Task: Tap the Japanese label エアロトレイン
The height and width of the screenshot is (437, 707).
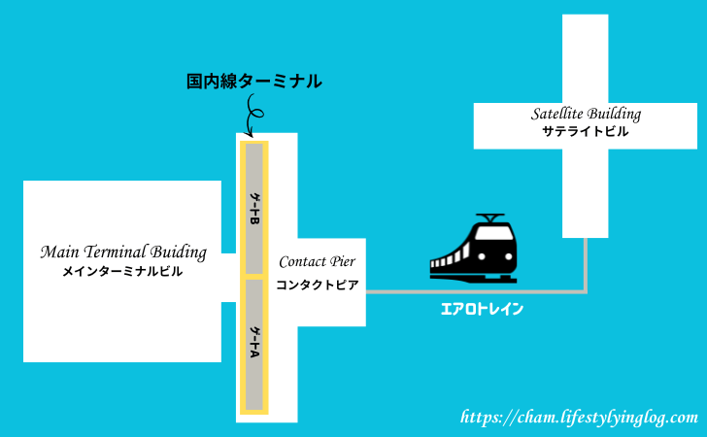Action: pyautogui.click(x=483, y=310)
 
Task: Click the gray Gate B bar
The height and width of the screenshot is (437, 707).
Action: pyautogui.click(x=254, y=209)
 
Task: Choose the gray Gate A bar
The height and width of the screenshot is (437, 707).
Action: pyautogui.click(x=254, y=345)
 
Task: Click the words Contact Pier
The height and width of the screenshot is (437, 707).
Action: pyautogui.click(x=318, y=262)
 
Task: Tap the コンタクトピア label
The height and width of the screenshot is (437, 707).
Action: pyautogui.click(x=318, y=286)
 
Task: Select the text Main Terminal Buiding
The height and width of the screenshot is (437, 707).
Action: pyautogui.click(x=123, y=252)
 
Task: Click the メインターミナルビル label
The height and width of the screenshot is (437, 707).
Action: pyautogui.click(x=122, y=273)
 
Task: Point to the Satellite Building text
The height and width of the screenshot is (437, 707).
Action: pyautogui.click(x=586, y=114)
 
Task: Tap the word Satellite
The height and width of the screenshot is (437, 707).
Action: pyautogui.click(x=556, y=114)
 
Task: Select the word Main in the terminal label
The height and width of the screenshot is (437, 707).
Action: pyautogui.click(x=58, y=252)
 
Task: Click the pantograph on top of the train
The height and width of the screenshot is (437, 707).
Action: pyautogui.click(x=489, y=218)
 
